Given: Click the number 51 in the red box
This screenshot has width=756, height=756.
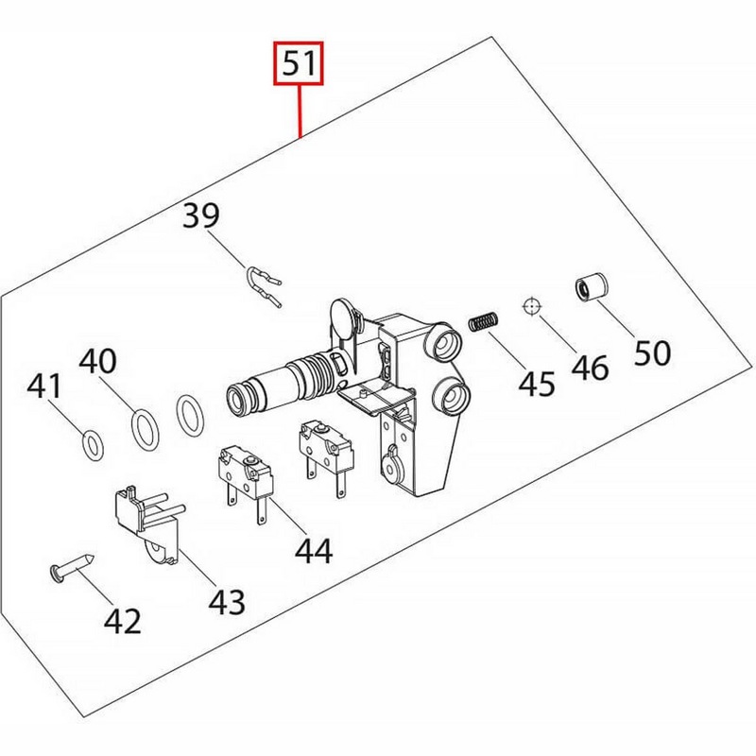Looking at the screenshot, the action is [299, 63].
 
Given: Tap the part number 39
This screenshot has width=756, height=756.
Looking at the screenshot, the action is [201, 215].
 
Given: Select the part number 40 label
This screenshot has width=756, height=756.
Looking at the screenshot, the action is [98, 361].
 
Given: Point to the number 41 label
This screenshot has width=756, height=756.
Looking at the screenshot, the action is [44, 387].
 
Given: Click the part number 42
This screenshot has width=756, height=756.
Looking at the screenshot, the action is [123, 621].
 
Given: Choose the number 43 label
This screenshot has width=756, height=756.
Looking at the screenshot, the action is [227, 602].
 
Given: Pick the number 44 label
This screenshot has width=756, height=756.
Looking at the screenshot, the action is [314, 551].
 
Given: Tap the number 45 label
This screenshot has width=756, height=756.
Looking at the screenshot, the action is [537, 384].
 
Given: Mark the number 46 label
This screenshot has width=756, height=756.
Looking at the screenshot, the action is [590, 368].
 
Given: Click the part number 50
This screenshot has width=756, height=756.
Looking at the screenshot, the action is [652, 352].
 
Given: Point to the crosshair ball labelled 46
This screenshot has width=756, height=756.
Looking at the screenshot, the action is [532, 306].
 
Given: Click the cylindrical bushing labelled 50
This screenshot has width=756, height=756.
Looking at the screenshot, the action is [592, 288].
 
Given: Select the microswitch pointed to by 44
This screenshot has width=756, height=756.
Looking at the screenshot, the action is [246, 482].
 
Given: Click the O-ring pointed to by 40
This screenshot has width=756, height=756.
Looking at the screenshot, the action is [146, 430].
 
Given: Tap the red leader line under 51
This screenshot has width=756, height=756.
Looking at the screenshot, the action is [300, 112].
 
